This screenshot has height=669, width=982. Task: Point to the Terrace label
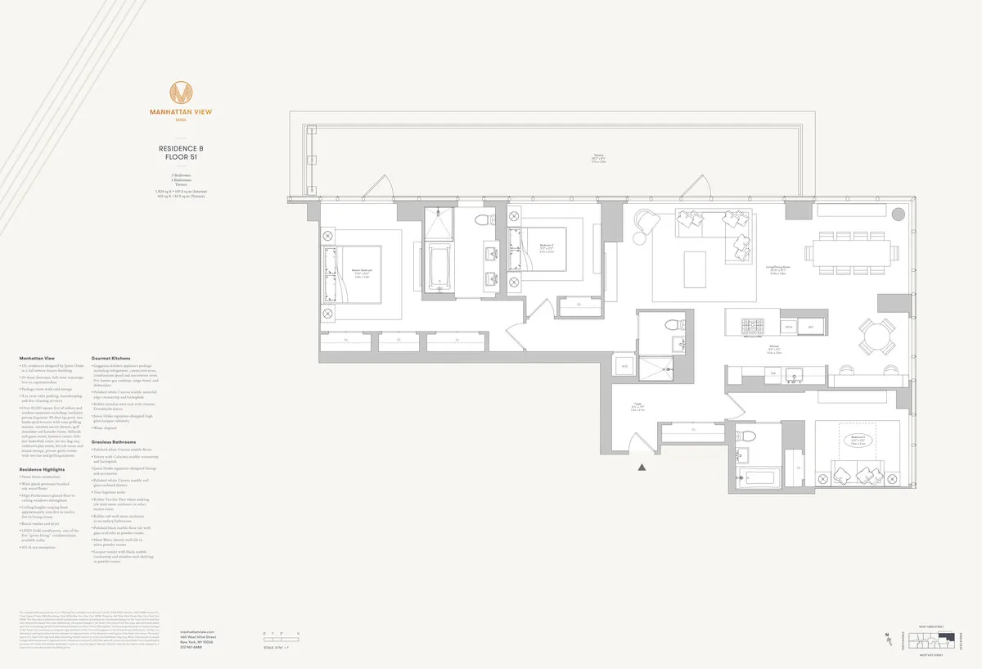point(606,159)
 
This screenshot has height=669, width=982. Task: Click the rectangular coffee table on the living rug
point(696,269)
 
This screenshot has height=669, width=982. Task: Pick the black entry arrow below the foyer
point(642,468)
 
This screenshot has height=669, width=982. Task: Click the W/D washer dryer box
point(624,367)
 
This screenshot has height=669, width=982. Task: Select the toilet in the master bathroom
point(484,219)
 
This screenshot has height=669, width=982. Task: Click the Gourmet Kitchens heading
point(110,358)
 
